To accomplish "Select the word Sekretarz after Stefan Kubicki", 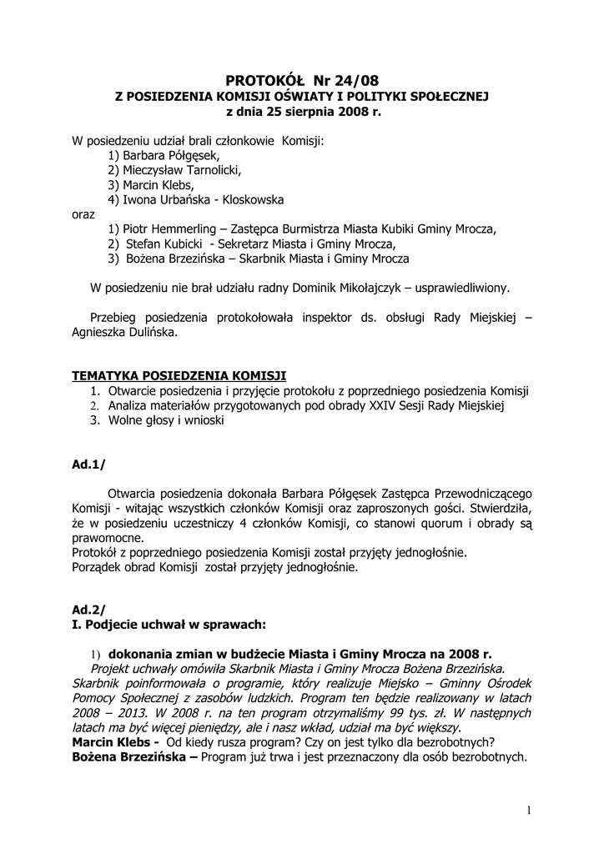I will [x=248, y=244].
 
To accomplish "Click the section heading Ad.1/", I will [x=88, y=465].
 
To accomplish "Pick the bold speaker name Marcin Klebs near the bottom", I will [x=112, y=742].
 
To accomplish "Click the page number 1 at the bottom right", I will [x=529, y=810].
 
